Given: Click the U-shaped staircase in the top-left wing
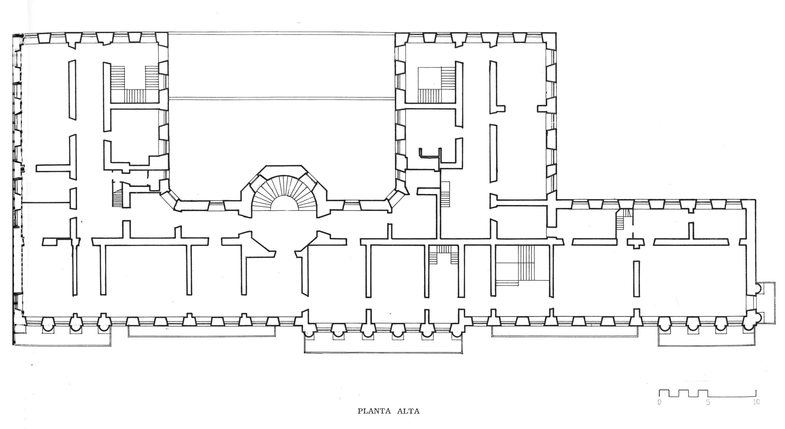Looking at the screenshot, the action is [x=135, y=84].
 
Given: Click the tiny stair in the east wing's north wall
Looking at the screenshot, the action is [x=622, y=219].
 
